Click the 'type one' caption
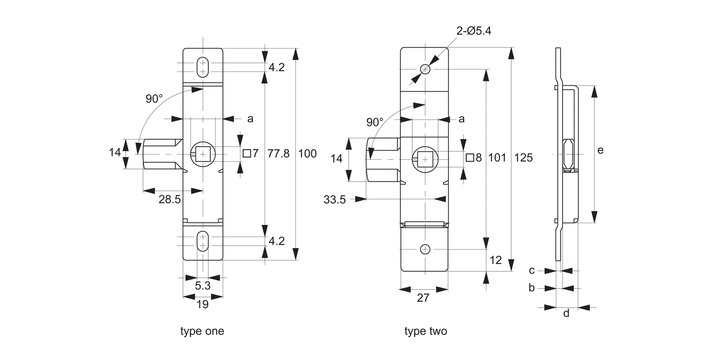tap(202, 331)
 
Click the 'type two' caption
tap(425, 331)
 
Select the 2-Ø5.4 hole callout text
tap(473, 31)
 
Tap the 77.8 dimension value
tap(278, 154)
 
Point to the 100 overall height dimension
tap(307, 154)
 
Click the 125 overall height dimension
tap(523, 157)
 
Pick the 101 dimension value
tap(497, 157)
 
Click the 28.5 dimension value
tap(169, 200)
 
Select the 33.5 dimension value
tap(335, 200)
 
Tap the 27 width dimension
tap(422, 298)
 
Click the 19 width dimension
tap(203, 304)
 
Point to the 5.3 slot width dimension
tap(203, 286)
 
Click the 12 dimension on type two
tap(495, 260)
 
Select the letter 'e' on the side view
tap(600, 150)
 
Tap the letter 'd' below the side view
tap(566, 314)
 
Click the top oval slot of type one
tap(203, 67)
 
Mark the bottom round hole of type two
tap(425, 249)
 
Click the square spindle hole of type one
tap(203, 154)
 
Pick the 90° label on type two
tap(375, 122)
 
